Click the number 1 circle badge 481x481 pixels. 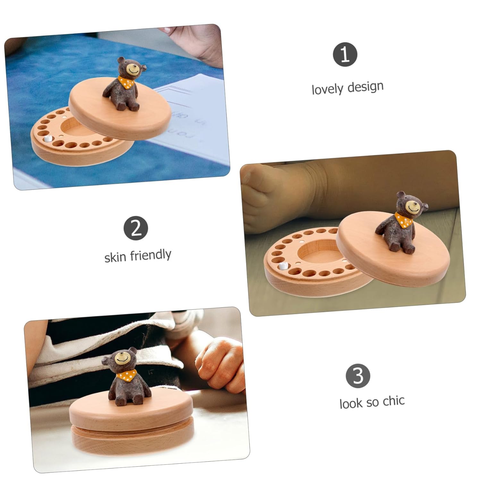tap(345, 55)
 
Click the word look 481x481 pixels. tap(350, 403)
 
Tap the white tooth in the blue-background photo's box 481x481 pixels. tap(48, 139)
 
